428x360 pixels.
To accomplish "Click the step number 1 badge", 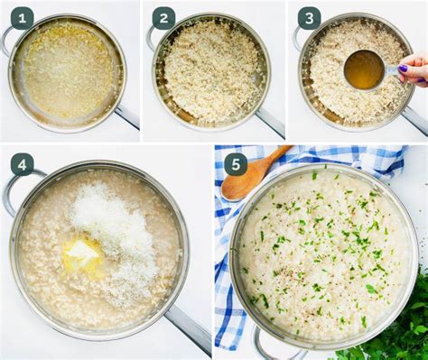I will point(22,18).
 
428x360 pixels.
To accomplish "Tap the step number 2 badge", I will point(163,18).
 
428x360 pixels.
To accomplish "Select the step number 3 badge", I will point(310,18).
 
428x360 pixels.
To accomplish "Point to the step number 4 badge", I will point(22,164).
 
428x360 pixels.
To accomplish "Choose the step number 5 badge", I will point(236,164).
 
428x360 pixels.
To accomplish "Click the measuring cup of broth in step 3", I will point(364,69).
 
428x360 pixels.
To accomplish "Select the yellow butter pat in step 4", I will point(82,254).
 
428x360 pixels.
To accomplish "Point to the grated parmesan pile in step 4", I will point(116,231).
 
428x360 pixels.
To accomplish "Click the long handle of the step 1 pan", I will point(126,116).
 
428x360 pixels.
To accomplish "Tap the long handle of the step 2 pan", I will point(270,121).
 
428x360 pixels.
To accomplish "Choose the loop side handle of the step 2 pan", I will point(152,37).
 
